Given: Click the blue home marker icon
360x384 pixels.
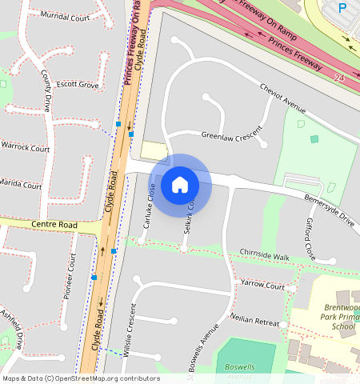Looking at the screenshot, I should point(180,185).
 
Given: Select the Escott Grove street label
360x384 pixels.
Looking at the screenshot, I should point(77,84).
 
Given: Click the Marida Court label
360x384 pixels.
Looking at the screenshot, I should point(19,185).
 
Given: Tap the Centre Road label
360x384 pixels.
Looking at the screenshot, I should point(55,226).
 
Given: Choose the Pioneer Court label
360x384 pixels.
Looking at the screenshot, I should point(70,277).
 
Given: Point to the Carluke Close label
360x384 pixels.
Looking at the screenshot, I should point(148,205).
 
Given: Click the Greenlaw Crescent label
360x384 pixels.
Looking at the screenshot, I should point(232,136).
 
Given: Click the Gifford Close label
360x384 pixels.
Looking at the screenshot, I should point(310,238).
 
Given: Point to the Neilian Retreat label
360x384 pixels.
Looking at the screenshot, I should point(254,318).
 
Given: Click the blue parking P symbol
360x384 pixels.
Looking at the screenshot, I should point(343,8).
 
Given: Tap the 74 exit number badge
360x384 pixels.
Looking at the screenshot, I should point(338,78).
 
